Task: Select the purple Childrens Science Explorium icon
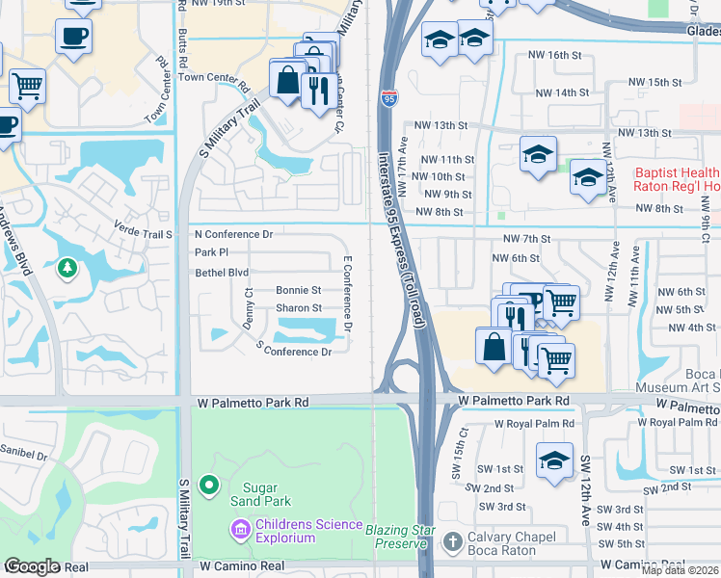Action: coord(239,529)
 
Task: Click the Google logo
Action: coord(32,566)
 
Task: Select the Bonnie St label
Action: coord(298,290)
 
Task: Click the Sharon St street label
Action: coord(298,308)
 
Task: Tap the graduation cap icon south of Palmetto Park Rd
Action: coord(554,460)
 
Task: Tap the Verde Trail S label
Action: coord(142,234)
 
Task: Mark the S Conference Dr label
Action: coord(294,352)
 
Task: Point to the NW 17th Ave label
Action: coord(403,154)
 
